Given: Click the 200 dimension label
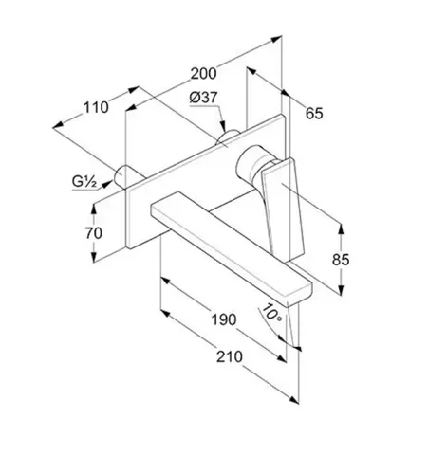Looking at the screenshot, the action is click(204, 74).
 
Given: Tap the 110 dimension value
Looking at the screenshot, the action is click(96, 108).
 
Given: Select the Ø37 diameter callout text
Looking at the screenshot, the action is click(204, 98).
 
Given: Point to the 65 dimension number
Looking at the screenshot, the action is click(314, 114).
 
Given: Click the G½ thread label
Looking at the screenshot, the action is click(84, 182).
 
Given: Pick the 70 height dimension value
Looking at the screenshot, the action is click(94, 233).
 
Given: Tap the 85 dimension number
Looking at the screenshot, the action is click(341, 260).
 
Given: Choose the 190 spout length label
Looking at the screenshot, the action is click(224, 319).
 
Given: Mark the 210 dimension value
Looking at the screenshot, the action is click(230, 356).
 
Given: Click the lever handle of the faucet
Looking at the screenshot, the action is click(281, 207).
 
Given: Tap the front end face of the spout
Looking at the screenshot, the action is click(300, 297).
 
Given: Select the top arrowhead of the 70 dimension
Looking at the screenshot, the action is click(94, 209).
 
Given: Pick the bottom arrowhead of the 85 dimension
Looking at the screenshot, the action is click(341, 290).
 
